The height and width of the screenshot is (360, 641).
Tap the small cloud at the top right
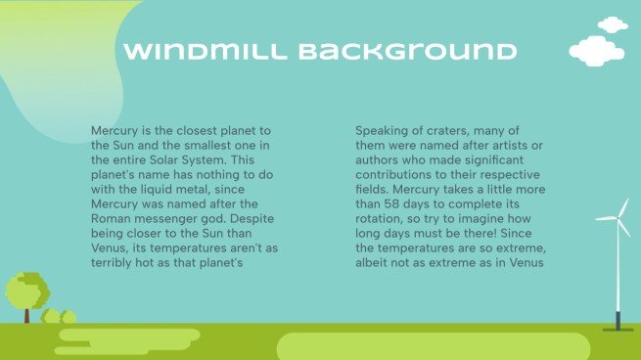tap(613, 23)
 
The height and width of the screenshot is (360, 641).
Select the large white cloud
tap(596, 50)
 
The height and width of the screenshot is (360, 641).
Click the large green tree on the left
tap(26, 289)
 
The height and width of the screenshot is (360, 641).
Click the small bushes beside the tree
tap(60, 317)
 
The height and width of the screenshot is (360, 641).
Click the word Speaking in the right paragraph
tap(384, 130)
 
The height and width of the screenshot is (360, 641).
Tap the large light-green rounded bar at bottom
tap(433, 346)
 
